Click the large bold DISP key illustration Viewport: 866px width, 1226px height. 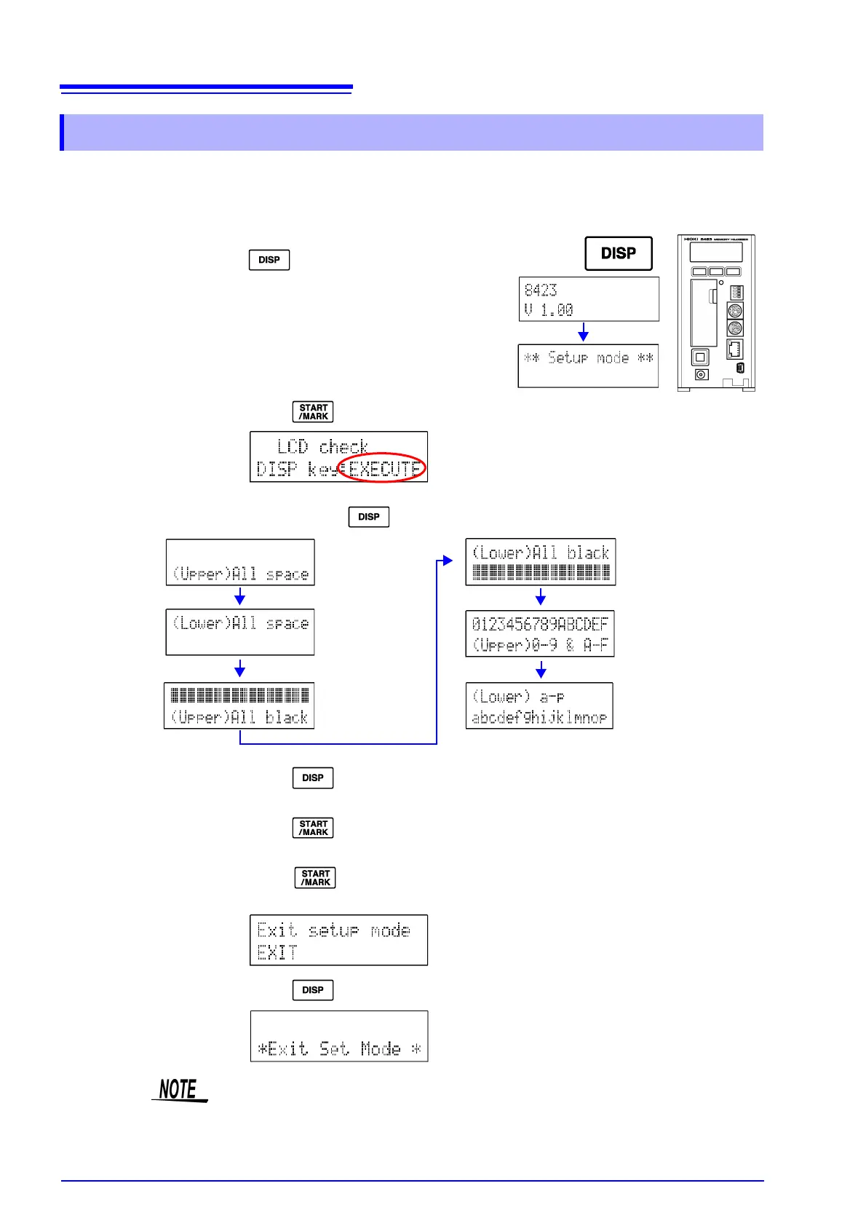tap(619, 253)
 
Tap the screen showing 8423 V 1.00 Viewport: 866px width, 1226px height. tap(589, 299)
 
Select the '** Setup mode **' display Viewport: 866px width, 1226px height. tap(588, 365)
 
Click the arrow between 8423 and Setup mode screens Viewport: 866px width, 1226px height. tap(583, 333)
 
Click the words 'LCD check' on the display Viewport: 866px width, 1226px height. tap(322, 446)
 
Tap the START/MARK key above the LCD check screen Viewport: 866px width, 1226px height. tap(313, 412)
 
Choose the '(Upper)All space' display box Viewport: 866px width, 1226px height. tap(240, 562)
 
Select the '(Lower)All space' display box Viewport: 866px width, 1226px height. tap(240, 632)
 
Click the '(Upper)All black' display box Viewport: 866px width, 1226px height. tap(239, 705)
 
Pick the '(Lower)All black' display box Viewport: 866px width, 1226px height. tap(541, 562)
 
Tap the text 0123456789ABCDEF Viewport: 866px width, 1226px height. tap(540, 624)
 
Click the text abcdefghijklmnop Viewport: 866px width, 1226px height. tap(539, 718)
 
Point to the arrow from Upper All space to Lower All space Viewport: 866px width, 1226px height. tap(239, 597)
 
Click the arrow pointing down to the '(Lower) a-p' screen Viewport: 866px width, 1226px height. tap(541, 670)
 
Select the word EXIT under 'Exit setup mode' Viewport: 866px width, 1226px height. tap(277, 952)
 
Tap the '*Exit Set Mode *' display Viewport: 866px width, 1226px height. tap(339, 1036)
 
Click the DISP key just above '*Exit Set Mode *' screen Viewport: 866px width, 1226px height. tap(313, 990)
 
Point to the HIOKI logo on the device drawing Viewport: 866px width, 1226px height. tap(691, 239)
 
